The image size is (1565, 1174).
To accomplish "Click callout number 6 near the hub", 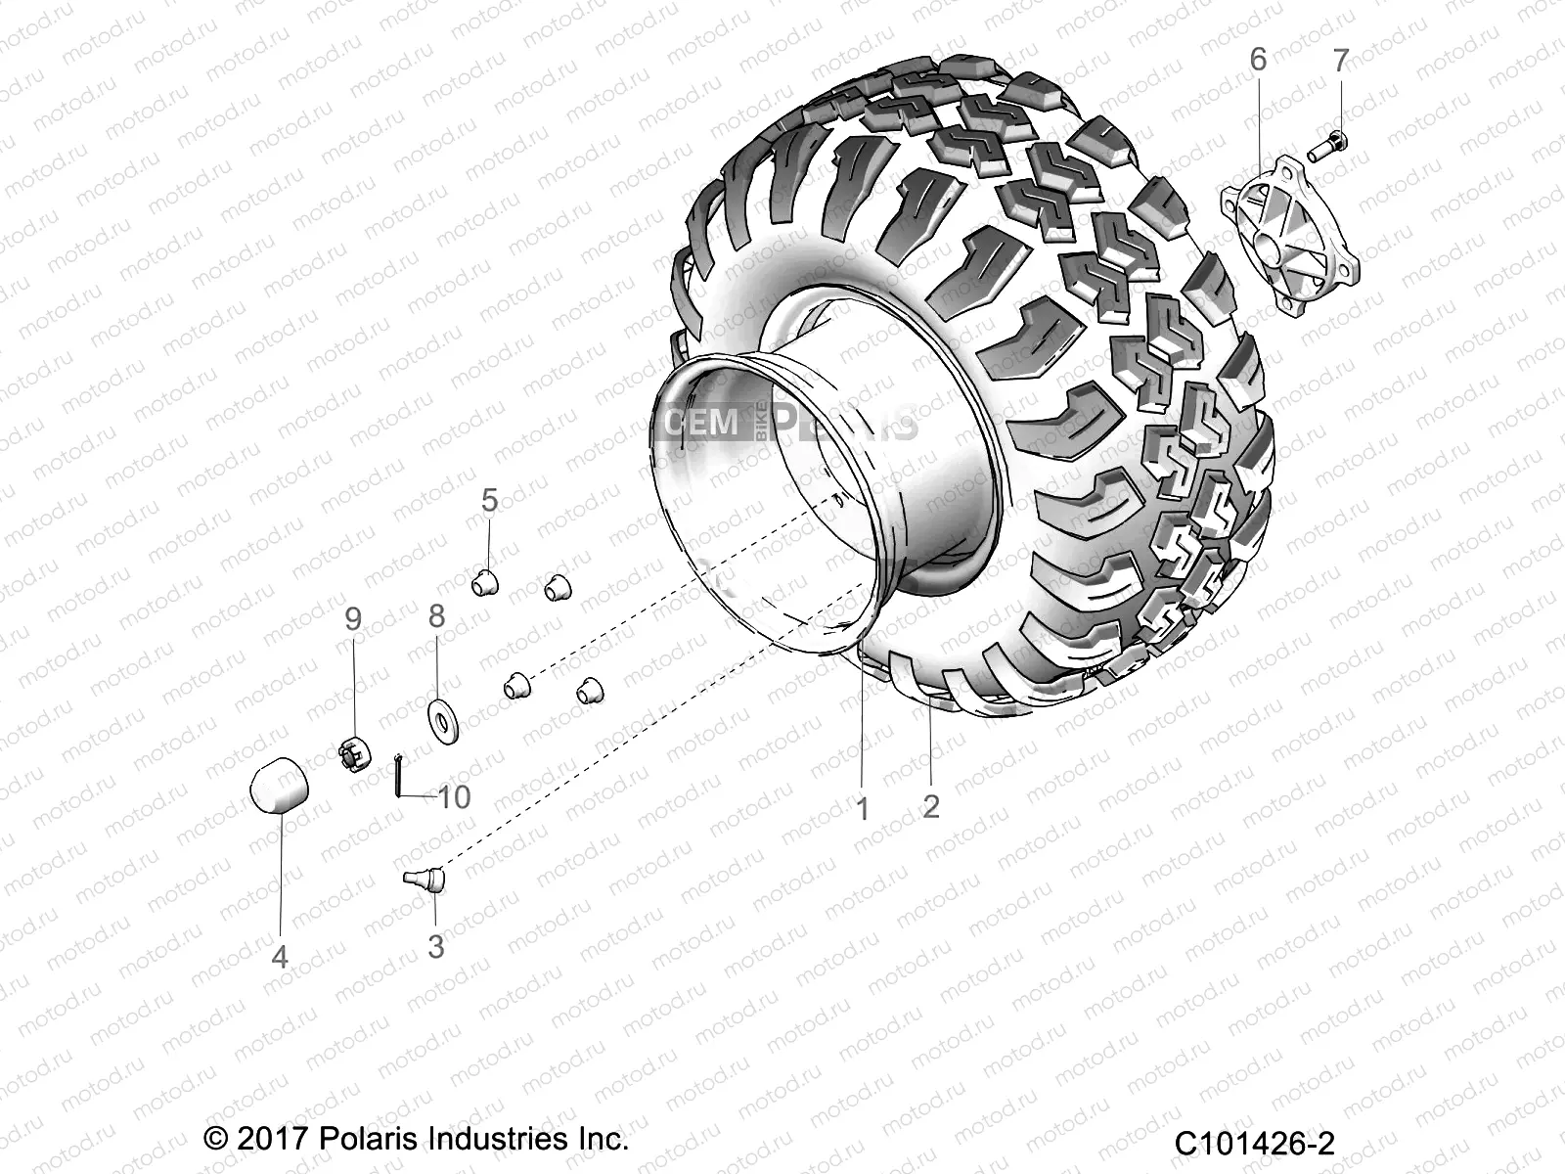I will (x=1258, y=60).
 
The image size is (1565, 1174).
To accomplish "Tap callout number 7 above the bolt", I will (x=1340, y=60).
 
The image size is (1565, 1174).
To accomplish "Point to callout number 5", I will (x=489, y=500).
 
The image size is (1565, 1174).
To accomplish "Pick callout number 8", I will (x=436, y=615).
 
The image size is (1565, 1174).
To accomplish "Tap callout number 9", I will (x=353, y=618).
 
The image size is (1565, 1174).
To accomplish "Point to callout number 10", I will (x=454, y=796).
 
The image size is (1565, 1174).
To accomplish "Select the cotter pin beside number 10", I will (x=399, y=778).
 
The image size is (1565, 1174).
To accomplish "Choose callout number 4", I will (x=280, y=956).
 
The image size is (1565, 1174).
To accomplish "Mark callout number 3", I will (x=436, y=946).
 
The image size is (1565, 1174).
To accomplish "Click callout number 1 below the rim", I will (x=862, y=809).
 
